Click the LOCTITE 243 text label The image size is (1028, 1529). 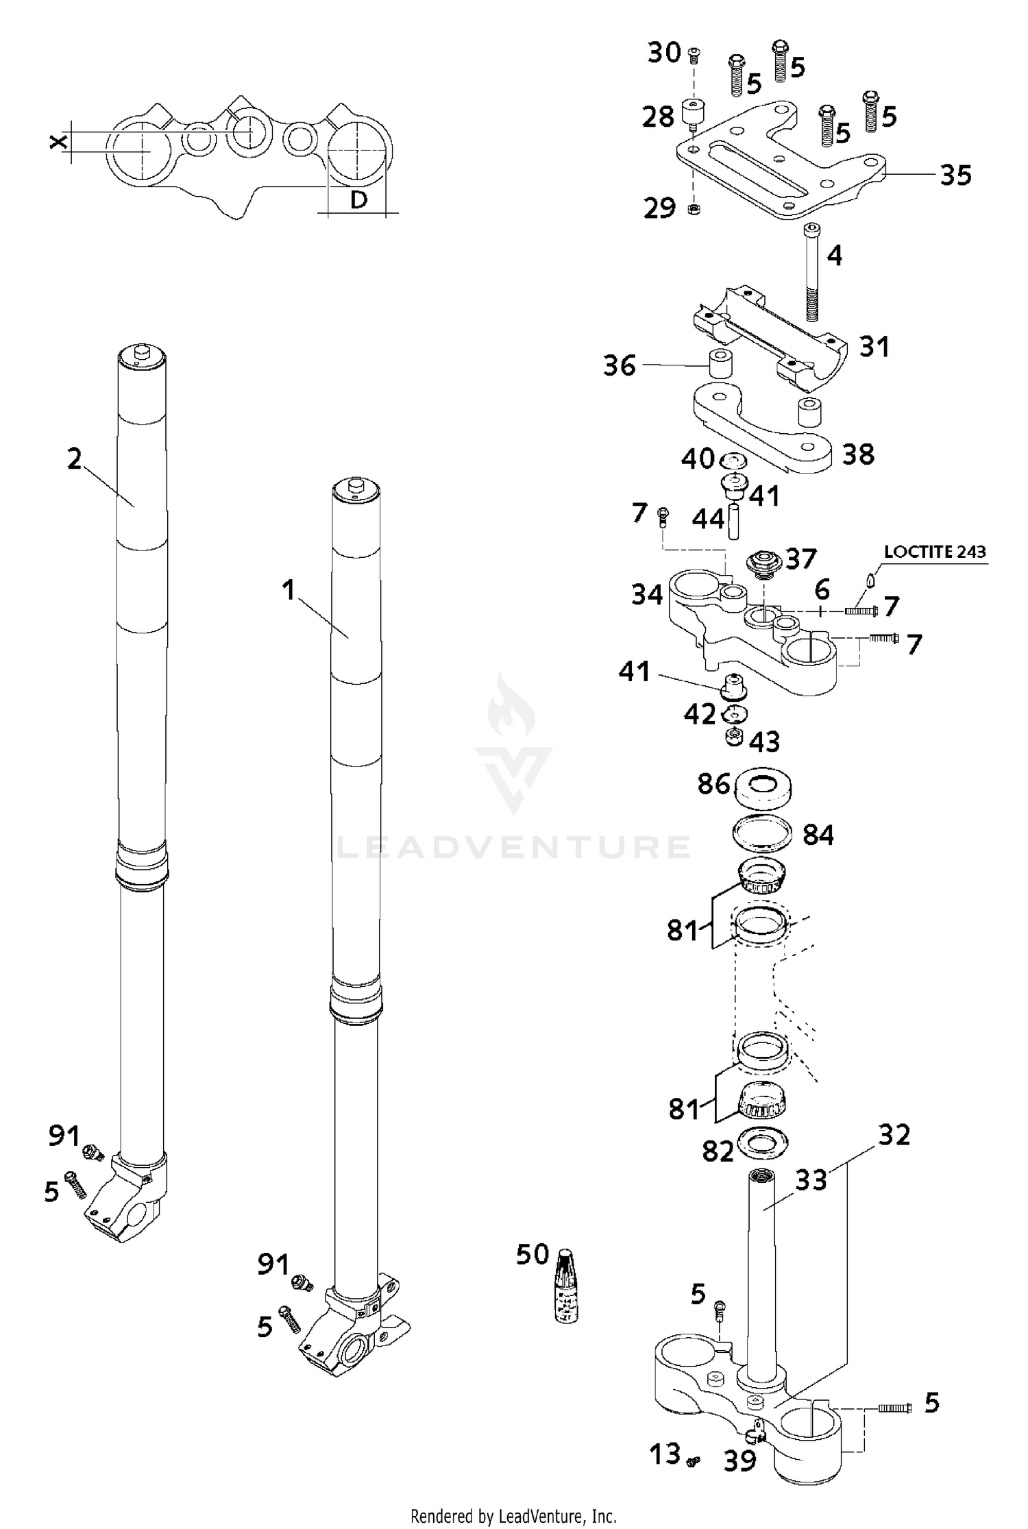coord(935,552)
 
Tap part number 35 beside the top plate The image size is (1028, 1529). coord(955,175)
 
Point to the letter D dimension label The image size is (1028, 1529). coord(358,199)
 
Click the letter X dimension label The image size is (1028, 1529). coord(60,142)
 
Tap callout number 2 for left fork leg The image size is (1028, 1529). coord(74,458)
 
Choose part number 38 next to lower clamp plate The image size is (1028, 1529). coord(857,454)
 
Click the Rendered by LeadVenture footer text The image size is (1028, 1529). coord(513,1516)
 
